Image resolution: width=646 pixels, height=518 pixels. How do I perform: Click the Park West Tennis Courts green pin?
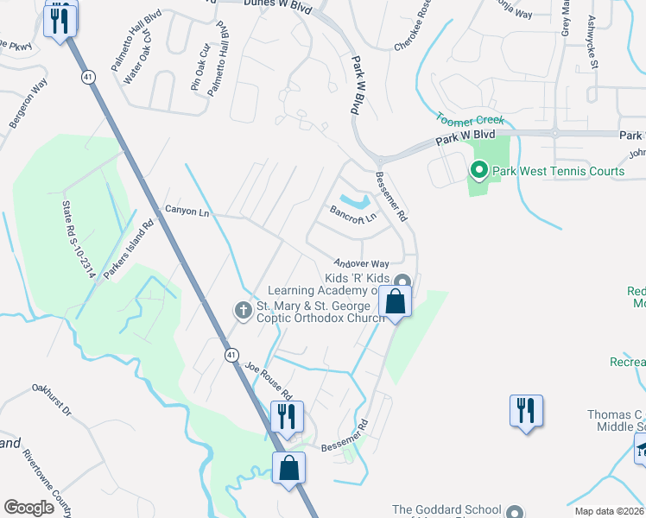point(478,171)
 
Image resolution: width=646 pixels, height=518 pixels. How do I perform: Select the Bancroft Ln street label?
point(353,213)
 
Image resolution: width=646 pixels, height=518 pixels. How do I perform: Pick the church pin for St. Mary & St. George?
point(244,309)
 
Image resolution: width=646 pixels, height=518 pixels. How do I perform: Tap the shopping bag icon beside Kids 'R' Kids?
point(396,302)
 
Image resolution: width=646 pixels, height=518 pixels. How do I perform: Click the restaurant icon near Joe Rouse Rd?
point(284,416)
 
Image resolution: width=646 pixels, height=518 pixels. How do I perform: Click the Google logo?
point(29,508)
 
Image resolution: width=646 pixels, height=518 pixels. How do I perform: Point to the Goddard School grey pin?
point(516,510)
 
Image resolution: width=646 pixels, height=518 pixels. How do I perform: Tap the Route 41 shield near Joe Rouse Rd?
point(231,355)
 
